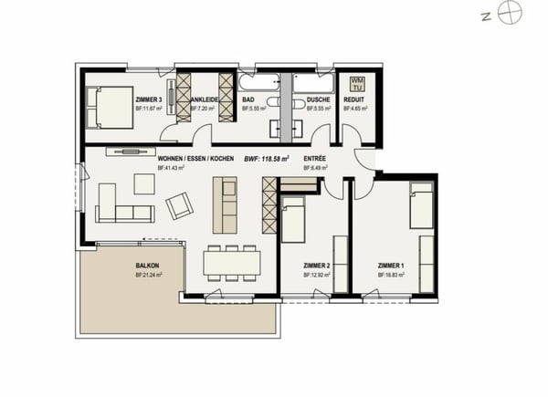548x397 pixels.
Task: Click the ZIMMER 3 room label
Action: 149,99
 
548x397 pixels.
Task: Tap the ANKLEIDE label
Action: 203,99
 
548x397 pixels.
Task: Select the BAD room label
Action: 248,99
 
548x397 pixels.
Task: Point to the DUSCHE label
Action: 318,99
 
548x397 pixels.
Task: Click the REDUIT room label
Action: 354,99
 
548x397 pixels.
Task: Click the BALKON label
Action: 147,266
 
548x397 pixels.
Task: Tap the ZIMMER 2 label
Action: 315,266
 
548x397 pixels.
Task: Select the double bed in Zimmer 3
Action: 108,105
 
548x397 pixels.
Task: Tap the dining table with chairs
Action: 227,263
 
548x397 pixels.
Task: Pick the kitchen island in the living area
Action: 224,204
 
